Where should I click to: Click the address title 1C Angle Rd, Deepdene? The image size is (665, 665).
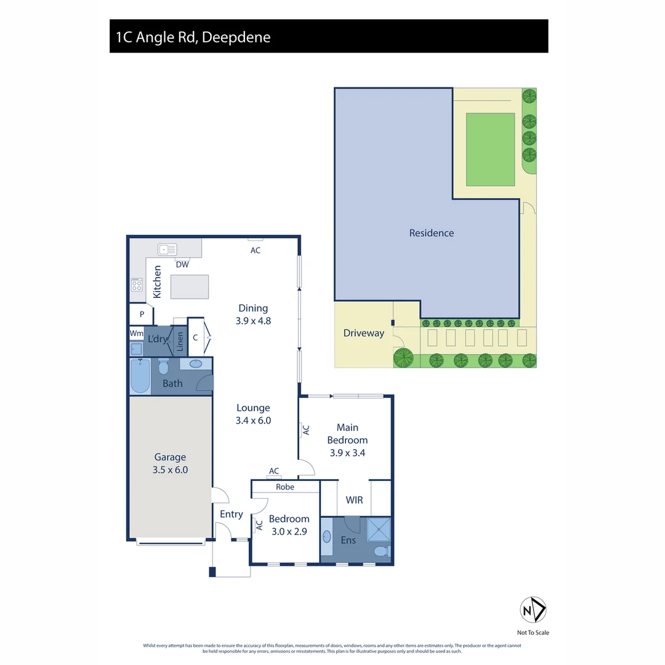tap(193, 37)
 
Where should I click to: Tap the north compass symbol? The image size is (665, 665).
tap(533, 610)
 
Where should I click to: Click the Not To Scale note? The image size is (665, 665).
tap(533, 632)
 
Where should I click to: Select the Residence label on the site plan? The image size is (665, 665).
tap(431, 233)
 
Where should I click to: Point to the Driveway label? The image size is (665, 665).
tap(363, 333)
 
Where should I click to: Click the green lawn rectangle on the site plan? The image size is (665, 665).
tap(490, 149)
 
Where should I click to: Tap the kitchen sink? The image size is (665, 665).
tap(167, 249)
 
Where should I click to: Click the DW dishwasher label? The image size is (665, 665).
tap(182, 265)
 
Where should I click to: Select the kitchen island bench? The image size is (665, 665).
tap(189, 287)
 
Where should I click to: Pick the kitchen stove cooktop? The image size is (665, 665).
tap(137, 285)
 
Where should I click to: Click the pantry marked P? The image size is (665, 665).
tap(142, 314)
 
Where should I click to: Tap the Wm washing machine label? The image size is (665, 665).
tap(136, 333)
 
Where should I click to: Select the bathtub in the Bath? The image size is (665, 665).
tap(140, 376)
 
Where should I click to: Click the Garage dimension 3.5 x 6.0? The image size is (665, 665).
tap(170, 469)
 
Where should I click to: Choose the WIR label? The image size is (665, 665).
tap(354, 500)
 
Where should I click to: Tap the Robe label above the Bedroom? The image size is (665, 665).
tap(285, 486)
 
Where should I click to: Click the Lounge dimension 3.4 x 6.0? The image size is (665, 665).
tap(253, 421)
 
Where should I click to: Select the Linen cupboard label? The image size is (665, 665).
tap(180, 341)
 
